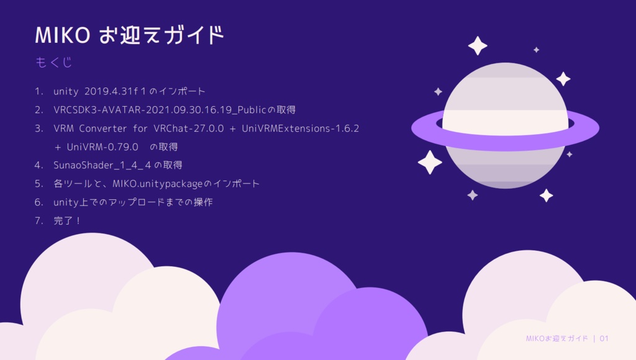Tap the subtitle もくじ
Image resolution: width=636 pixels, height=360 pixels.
coord(54,62)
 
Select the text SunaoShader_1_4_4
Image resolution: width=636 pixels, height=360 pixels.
coord(102,165)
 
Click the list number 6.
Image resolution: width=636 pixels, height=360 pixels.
coord(39,202)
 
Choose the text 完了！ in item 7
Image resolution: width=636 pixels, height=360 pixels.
coord(68,221)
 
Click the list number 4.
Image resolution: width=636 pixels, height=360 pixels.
coord(39,165)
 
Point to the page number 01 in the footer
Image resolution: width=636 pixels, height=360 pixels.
coord(604,338)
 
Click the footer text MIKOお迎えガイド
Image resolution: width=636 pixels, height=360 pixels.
coord(556,338)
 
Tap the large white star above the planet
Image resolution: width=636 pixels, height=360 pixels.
coord(478,45)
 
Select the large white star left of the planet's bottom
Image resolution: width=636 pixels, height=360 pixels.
coord(430,162)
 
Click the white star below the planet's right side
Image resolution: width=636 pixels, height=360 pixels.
coord(546,196)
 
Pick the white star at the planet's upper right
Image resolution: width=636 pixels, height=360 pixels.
coord(563,79)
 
